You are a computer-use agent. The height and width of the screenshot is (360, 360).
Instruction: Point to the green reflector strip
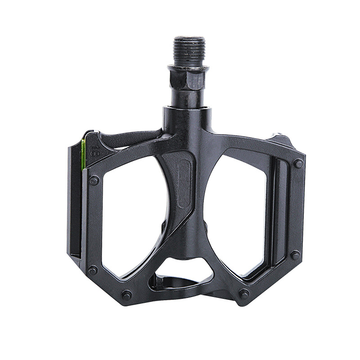(83, 154)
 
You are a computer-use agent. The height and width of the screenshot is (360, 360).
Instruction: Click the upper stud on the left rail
(94, 180)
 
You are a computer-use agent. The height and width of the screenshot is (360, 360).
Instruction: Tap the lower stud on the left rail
(93, 270)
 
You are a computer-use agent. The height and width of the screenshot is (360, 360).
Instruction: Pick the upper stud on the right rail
(298, 163)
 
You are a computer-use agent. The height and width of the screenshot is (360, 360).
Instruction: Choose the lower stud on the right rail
(295, 255)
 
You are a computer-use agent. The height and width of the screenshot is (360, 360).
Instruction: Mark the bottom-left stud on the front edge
(127, 295)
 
